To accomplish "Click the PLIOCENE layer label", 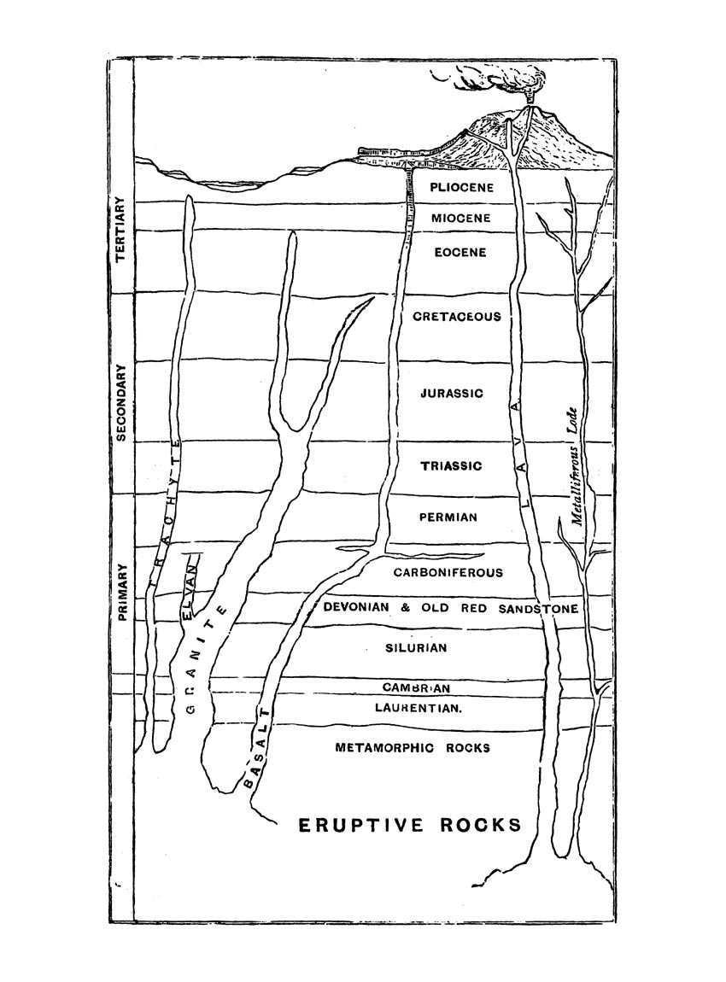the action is pyautogui.click(x=462, y=187).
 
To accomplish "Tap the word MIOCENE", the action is pyautogui.click(x=461, y=219).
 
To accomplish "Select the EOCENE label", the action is pyautogui.click(x=460, y=253).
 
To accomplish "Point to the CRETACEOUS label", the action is pyautogui.click(x=457, y=316).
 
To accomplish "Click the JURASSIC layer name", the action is pyautogui.click(x=452, y=394).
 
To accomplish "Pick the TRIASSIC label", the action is pyautogui.click(x=451, y=466).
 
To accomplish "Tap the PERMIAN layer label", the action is pyautogui.click(x=448, y=517).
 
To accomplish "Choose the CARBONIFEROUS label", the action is pyautogui.click(x=448, y=572).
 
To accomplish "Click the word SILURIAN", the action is pyautogui.click(x=416, y=647).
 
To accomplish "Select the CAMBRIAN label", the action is pyautogui.click(x=416, y=687).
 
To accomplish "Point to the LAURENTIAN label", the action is pyautogui.click(x=418, y=708).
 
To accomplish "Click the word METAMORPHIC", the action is pyautogui.click(x=384, y=748).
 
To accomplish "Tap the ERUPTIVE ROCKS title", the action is pyautogui.click(x=410, y=825).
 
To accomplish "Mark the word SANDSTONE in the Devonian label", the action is pyautogui.click(x=539, y=608).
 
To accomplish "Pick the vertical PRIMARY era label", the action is pyautogui.click(x=122, y=593).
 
